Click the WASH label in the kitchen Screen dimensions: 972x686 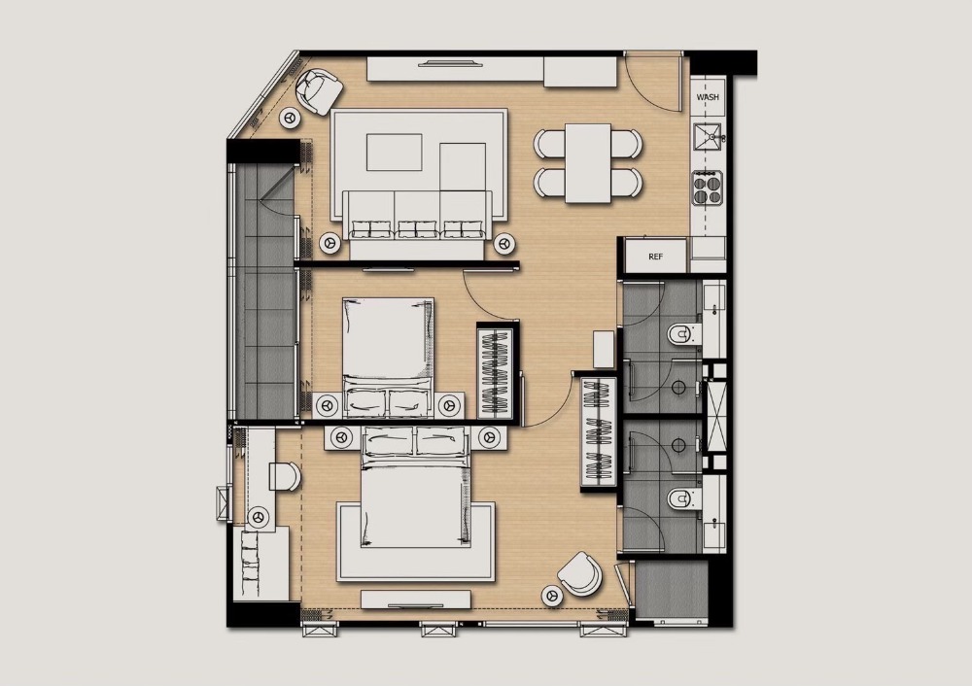point(708,97)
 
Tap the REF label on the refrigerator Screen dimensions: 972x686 point(655,257)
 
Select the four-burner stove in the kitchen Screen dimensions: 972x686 point(708,189)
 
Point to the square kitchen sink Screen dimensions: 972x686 point(708,137)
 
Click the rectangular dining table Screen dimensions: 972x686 point(588,163)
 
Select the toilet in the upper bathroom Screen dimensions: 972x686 point(683,335)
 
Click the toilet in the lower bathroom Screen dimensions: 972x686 point(683,497)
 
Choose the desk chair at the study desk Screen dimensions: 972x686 point(285,476)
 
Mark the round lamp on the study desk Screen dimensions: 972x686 point(259,516)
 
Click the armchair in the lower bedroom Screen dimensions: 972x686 point(580,573)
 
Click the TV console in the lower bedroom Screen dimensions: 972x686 point(415,600)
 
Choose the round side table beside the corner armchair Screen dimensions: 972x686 point(291,118)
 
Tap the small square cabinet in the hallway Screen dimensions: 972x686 point(604,350)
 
